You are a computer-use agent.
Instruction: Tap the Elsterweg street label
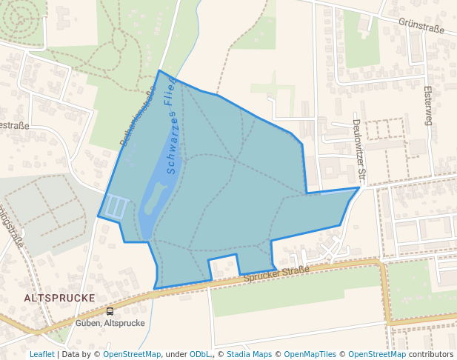[427, 104]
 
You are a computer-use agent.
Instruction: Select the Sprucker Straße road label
[276, 275]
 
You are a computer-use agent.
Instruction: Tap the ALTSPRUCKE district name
[59, 297]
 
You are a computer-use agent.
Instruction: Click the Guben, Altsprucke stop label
[110, 323]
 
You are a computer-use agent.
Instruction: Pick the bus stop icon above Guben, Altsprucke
[110, 312]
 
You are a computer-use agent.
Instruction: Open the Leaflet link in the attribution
[41, 354]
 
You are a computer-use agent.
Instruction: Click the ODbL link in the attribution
[200, 354]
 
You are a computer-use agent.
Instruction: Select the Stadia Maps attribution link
[249, 354]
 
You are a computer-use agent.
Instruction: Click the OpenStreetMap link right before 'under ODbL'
[132, 354]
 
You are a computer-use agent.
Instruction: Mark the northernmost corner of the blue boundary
[159, 71]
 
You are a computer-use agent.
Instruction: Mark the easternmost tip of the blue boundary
[359, 187]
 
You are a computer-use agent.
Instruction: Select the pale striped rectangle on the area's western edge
[116, 207]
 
